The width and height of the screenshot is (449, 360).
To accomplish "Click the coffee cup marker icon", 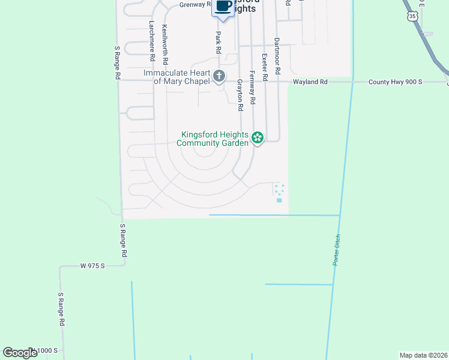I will pos(223,7).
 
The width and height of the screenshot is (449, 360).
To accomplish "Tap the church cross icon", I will pos(219,76).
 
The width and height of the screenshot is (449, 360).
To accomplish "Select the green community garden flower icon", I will pos(258,139).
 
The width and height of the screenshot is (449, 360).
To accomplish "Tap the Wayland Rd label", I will pos(310,82).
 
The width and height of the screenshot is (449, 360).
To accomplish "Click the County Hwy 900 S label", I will pos(396,82).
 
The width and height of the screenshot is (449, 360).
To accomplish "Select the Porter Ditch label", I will pos(336,250).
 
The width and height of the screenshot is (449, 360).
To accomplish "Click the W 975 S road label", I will pos(92,265).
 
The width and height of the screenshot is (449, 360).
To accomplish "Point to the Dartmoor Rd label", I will pos(277,56).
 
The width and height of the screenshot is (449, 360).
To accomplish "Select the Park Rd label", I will pos(218,43).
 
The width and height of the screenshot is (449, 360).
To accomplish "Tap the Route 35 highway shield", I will pos(411,17).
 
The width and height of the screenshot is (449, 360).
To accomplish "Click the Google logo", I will pos(20,353).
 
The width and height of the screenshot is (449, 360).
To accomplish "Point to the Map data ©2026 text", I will pos(424,355).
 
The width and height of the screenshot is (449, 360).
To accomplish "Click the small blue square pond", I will pos(279,200).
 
